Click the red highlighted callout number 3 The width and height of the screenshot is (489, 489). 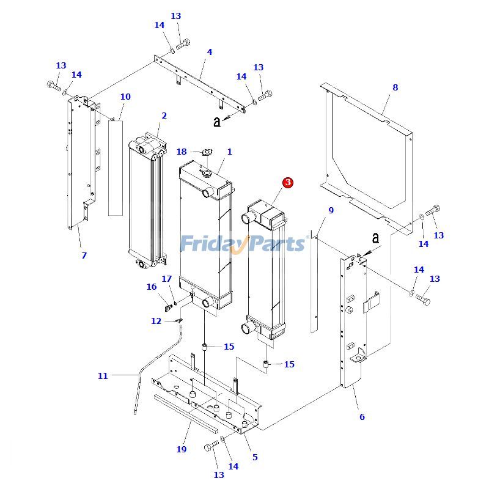[287, 182]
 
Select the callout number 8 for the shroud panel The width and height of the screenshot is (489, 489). [395, 87]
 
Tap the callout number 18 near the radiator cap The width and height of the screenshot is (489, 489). [182, 152]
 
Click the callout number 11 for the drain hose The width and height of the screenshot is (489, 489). [103, 376]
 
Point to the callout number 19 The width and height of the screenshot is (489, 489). [181, 449]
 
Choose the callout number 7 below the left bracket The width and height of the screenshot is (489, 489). [84, 256]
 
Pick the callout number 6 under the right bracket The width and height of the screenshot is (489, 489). [362, 417]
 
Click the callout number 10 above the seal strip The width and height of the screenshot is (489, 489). [125, 97]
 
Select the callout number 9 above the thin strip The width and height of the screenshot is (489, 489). [331, 210]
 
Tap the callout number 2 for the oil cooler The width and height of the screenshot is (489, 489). [164, 116]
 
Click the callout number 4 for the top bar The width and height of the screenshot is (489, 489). [210, 52]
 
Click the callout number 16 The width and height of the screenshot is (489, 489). [152, 287]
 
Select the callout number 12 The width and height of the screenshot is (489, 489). [156, 321]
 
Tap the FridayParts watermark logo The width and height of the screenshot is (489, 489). [243, 243]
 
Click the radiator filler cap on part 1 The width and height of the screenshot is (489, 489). [205, 175]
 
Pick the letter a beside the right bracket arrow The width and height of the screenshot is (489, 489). [375, 237]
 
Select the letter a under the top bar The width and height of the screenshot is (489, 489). [216, 122]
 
